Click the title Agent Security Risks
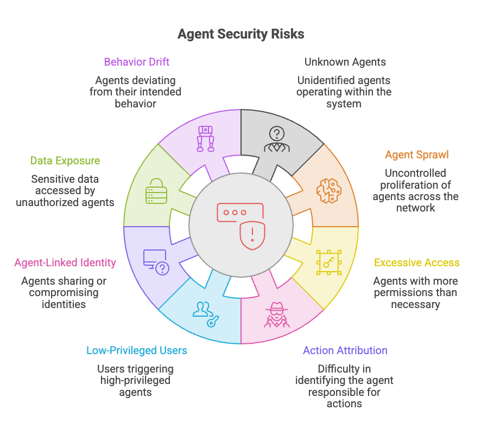(x=240, y=34)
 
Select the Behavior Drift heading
(x=136, y=62)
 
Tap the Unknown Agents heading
(x=345, y=62)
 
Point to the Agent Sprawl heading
(x=417, y=155)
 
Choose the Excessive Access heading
(x=417, y=262)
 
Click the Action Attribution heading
(x=345, y=350)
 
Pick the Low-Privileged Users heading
(x=136, y=350)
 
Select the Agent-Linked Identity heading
(x=65, y=262)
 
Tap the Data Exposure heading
(x=65, y=161)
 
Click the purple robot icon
(x=205, y=138)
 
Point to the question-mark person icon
(x=277, y=139)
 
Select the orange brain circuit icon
(x=329, y=190)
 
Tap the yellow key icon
(x=329, y=262)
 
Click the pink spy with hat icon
(x=277, y=315)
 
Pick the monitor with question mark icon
(x=156, y=262)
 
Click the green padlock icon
(x=156, y=191)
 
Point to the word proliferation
(x=415, y=185)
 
